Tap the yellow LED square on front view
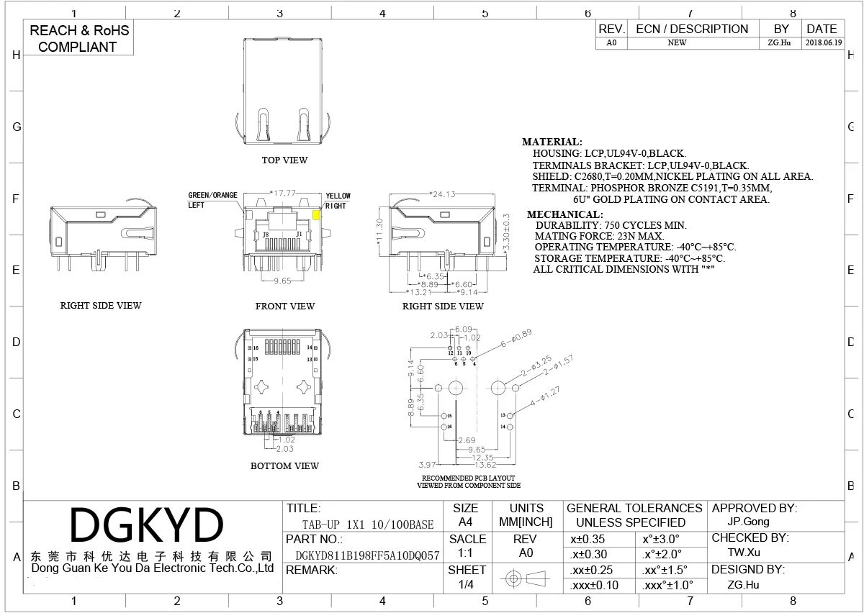point(317,214)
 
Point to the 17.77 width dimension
point(283,193)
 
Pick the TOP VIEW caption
point(284,160)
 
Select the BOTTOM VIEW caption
point(284,466)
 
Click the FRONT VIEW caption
point(285,306)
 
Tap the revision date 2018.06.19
point(823,42)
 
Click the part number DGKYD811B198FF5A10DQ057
point(367,555)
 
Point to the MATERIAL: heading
point(552,142)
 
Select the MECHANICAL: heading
point(564,214)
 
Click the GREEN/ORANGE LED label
point(212,195)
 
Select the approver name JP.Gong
point(749,522)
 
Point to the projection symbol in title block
point(525,578)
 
